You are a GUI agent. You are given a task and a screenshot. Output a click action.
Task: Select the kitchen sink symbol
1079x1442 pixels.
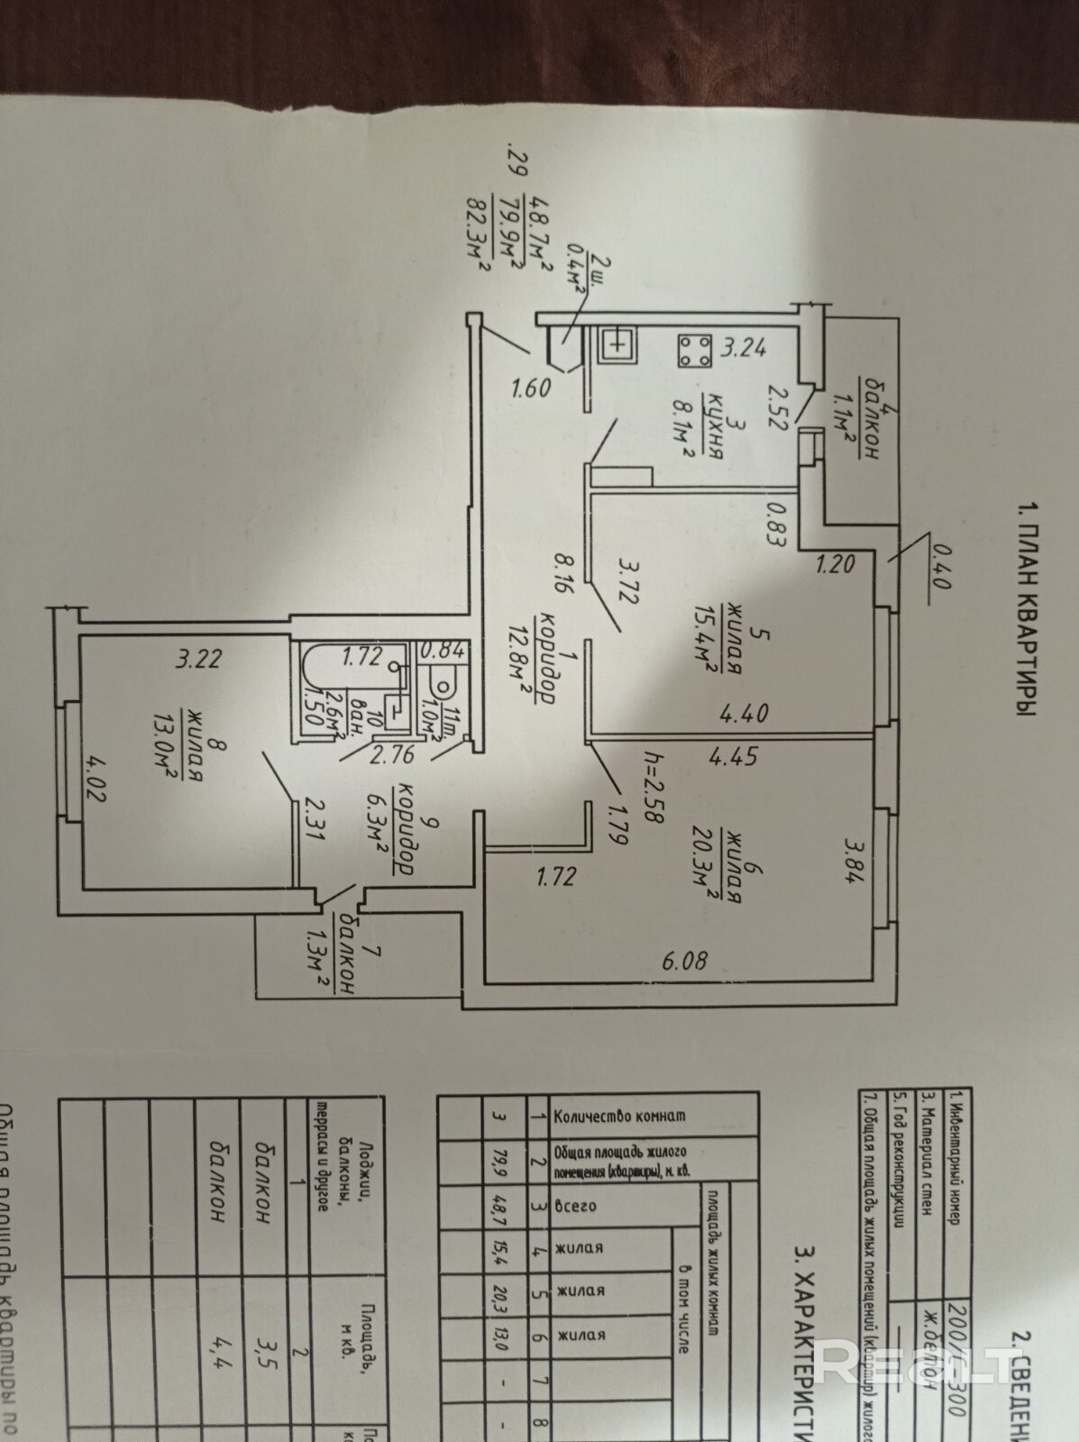pos(617,342)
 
